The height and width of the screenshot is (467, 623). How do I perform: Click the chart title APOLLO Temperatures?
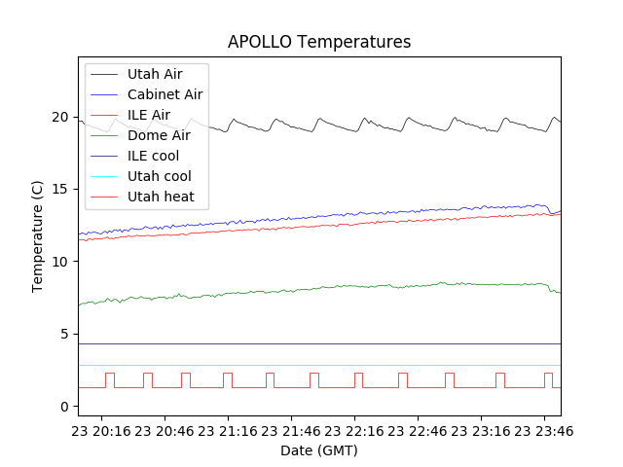click(x=319, y=42)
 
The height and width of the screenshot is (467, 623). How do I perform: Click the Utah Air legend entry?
click(x=154, y=74)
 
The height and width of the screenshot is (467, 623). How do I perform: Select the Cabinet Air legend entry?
click(x=165, y=94)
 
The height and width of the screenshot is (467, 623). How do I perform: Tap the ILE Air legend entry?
click(x=148, y=115)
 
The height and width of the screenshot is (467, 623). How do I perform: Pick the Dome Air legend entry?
click(x=159, y=135)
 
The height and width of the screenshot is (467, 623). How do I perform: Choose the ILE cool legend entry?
click(x=153, y=156)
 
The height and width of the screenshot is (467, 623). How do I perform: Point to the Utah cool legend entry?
click(x=159, y=176)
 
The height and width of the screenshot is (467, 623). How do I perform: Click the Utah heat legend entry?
click(x=160, y=197)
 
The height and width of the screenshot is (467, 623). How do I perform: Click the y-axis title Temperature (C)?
click(x=37, y=236)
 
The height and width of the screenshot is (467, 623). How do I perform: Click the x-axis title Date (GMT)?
click(x=319, y=450)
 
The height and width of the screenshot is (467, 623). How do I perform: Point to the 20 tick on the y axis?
click(x=61, y=117)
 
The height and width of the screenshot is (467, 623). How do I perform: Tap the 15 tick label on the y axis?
click(x=61, y=189)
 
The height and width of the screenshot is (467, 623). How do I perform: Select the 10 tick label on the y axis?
click(x=61, y=262)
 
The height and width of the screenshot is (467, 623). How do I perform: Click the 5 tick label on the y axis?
click(x=65, y=334)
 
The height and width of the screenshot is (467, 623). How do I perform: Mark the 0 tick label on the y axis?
click(x=65, y=406)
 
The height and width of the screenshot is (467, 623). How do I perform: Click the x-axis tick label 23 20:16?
click(x=102, y=430)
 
